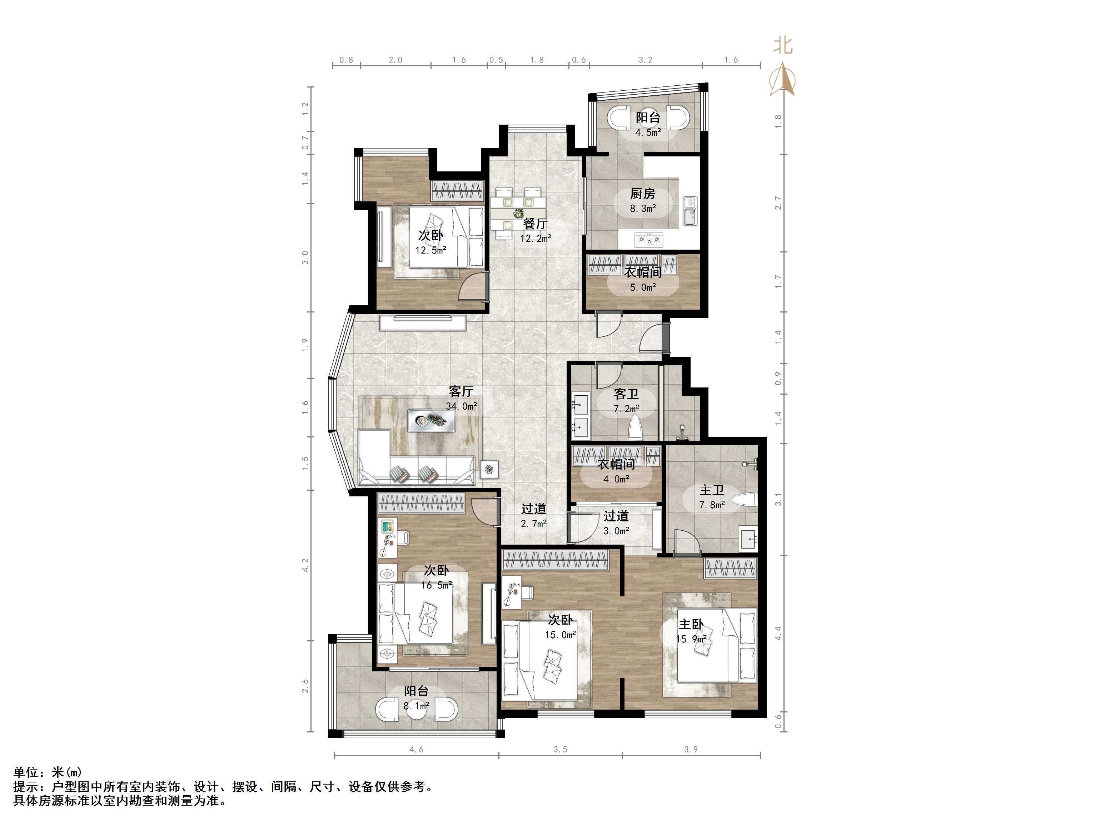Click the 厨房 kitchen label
click(643, 194)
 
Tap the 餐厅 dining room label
click(535, 224)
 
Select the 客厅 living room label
click(461, 391)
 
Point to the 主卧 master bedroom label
click(691, 625)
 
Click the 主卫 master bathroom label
click(712, 490)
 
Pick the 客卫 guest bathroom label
click(626, 394)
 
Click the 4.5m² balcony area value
click(648, 132)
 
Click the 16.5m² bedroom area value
click(437, 585)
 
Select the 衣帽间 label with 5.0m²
click(643, 272)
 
